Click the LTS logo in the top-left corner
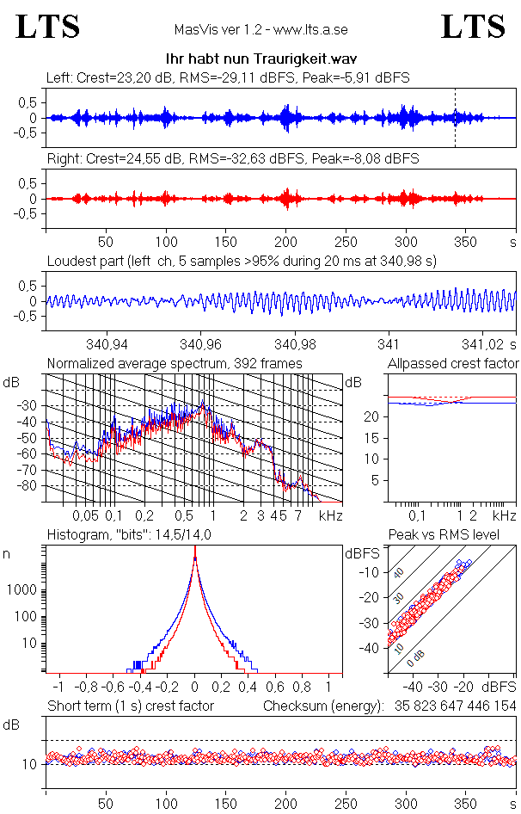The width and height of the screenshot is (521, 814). click(48, 27)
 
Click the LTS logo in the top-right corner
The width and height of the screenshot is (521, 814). click(473, 27)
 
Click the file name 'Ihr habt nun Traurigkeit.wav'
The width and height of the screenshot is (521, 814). click(260, 58)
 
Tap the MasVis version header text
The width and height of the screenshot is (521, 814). click(260, 30)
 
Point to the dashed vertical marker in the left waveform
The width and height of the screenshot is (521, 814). click(455, 118)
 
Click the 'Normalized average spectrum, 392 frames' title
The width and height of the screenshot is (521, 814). click(175, 364)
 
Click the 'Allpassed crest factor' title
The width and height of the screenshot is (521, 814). click(453, 364)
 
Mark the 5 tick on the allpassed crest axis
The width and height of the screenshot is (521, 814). click(375, 480)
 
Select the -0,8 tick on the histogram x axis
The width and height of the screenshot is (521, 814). click(87, 688)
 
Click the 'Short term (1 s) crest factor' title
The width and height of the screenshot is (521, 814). click(130, 706)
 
